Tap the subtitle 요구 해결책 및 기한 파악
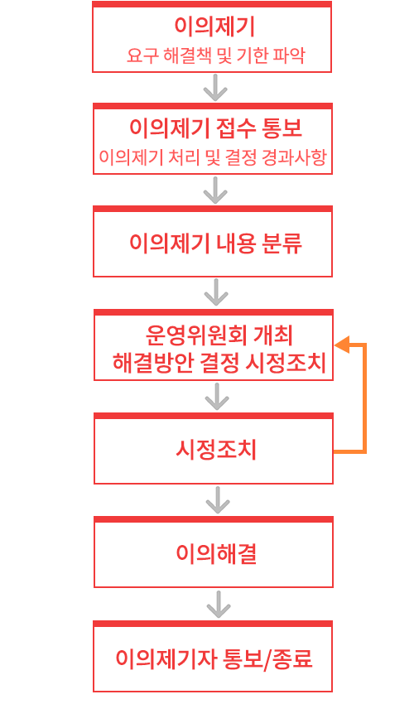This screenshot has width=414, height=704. [216, 55]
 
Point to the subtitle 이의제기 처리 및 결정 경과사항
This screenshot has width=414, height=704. [213, 157]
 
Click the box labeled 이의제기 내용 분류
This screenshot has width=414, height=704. [213, 241]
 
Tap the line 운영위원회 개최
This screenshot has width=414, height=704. [219, 335]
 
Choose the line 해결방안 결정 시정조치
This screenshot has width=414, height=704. [219, 363]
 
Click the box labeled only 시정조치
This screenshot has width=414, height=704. [214, 449]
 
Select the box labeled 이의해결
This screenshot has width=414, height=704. [214, 552]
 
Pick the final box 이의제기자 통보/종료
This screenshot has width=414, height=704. [213, 657]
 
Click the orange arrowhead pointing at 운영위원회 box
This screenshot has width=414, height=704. [342, 345]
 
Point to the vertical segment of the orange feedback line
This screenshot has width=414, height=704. [364, 398]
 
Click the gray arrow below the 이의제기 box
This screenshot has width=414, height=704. [215, 87]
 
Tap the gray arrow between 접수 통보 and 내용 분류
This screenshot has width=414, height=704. [215, 190]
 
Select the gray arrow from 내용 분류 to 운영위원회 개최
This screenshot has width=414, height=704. [216, 292]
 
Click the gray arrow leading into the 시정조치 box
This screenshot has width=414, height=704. [217, 397]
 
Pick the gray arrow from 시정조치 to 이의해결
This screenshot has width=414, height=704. [218, 499]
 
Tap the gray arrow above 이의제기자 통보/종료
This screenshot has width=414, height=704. [219, 605]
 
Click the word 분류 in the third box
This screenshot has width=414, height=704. [282, 243]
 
